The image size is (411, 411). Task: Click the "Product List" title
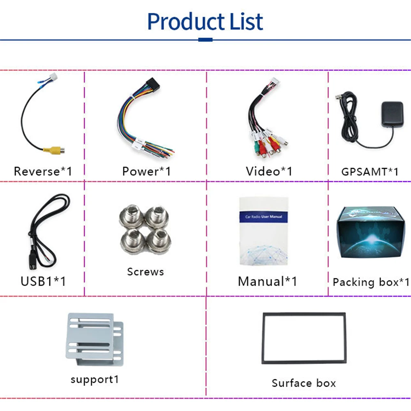pyautogui.click(x=205, y=21)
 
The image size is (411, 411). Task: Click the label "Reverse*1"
pyautogui.click(x=43, y=171)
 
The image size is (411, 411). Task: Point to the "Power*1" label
pyautogui.click(x=146, y=171)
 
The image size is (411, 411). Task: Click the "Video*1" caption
pyautogui.click(x=269, y=171)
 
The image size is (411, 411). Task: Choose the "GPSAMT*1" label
pyautogui.click(x=369, y=171)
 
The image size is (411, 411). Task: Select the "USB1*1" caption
pyautogui.click(x=43, y=281)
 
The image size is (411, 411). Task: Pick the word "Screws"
pyautogui.click(x=145, y=272)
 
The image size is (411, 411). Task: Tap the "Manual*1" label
pyautogui.click(x=267, y=281)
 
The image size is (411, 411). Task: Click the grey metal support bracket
pyautogui.click(x=95, y=340)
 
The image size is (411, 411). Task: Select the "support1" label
pyautogui.click(x=95, y=379)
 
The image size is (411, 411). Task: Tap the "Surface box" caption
pyautogui.click(x=303, y=383)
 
